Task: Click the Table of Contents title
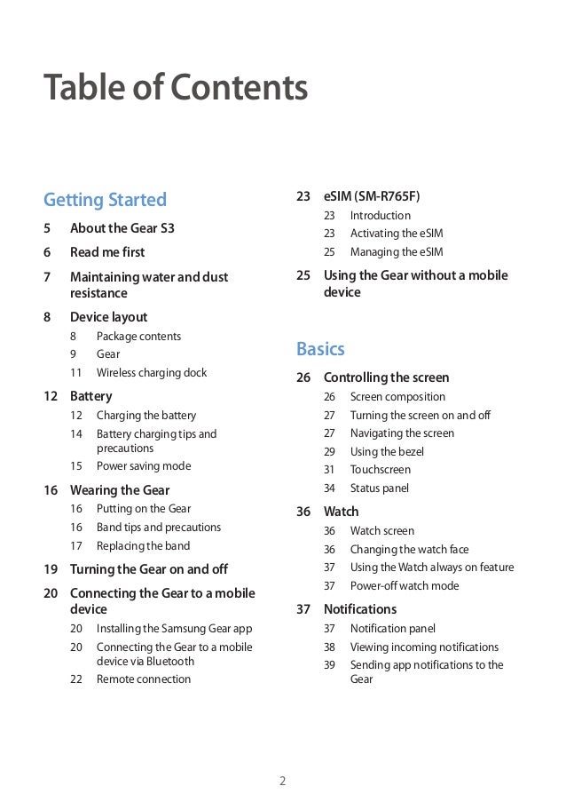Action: tap(176, 89)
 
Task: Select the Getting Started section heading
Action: tap(106, 199)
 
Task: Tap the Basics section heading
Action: tap(320, 348)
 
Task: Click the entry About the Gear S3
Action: tap(122, 228)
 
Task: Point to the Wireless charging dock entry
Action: tap(151, 373)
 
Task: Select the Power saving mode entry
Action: tap(144, 466)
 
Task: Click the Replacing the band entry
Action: tap(143, 546)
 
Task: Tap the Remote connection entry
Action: tap(144, 679)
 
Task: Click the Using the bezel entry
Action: tap(387, 452)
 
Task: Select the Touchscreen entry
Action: tap(381, 470)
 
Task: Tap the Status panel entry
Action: tap(380, 488)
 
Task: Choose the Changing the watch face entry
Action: tap(410, 550)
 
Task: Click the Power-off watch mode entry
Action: tap(405, 586)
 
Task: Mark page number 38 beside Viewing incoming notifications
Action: tap(329, 647)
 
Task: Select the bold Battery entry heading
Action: tap(90, 396)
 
